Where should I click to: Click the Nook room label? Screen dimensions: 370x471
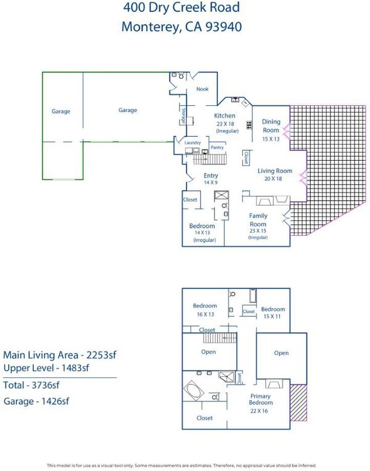click(202, 89)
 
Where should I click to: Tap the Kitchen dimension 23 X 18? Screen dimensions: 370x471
click(225, 124)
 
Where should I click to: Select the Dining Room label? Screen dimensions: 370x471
click(271, 126)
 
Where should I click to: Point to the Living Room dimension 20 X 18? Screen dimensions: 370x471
click(273, 179)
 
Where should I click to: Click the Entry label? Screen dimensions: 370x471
click(211, 175)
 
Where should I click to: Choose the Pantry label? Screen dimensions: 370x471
click(217, 148)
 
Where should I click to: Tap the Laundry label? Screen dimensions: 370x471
click(192, 143)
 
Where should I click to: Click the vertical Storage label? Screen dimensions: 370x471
click(183, 116)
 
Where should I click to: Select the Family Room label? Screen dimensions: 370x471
click(258, 220)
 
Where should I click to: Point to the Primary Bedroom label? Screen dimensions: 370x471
click(260, 399)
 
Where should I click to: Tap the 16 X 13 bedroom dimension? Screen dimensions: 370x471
click(205, 314)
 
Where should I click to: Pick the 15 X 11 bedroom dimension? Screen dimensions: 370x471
click(272, 316)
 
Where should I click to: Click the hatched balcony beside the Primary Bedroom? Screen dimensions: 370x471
click(298, 403)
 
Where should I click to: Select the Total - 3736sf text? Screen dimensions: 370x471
click(31, 385)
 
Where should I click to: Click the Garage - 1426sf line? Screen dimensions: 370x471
click(36, 401)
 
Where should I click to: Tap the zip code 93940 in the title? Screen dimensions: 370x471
click(223, 26)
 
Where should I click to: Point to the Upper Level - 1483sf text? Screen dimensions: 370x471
click(46, 368)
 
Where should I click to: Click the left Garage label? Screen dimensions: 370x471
click(61, 111)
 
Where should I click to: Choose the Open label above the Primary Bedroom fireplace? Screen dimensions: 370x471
click(281, 353)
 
